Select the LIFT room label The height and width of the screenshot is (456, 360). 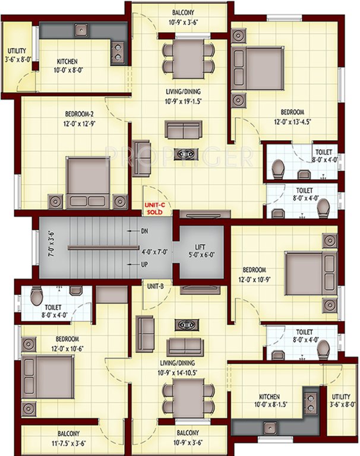[x=200, y=247]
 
